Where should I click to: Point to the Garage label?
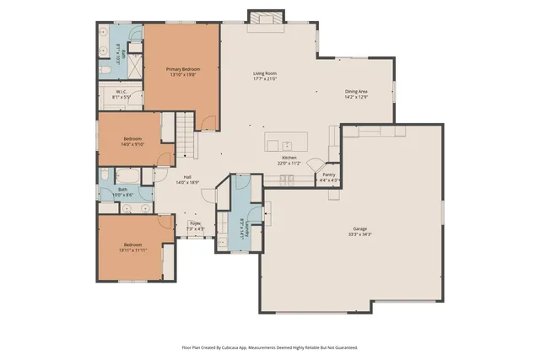pos(359,229)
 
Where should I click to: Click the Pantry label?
pos(329,175)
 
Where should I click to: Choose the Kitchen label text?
pos(289,159)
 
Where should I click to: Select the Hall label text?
pos(187,177)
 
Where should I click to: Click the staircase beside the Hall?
pos(186,135)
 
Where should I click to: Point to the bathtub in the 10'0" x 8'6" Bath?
pos(130,175)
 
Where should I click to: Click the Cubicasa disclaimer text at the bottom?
pos(270,347)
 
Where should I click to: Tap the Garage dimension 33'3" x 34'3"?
pos(359,234)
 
